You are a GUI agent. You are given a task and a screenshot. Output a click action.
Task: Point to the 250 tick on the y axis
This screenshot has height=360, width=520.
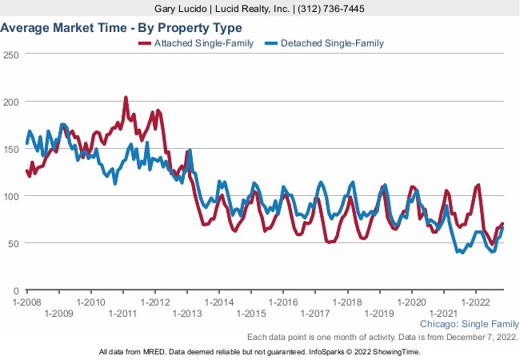pyautogui.click(x=10, y=55)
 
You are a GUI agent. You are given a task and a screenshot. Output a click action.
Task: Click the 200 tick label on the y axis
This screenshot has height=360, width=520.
pyautogui.click(x=10, y=102)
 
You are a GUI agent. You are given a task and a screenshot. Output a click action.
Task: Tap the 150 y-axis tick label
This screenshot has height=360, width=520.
pyautogui.click(x=10, y=150)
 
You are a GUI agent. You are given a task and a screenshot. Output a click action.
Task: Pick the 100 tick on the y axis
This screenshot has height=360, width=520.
pyautogui.click(x=10, y=197)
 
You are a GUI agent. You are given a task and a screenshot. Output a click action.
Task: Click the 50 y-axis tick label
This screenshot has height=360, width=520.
pyautogui.click(x=13, y=243)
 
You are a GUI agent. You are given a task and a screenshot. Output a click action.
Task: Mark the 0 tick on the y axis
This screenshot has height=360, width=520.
pyautogui.click(x=16, y=290)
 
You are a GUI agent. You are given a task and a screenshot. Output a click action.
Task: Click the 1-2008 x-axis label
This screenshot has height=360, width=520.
pyautogui.click(x=27, y=302)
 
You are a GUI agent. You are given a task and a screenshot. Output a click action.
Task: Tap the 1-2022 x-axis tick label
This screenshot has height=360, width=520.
pyautogui.click(x=476, y=302)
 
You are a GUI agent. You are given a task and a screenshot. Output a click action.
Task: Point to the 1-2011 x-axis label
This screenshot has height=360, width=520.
pyautogui.click(x=123, y=314)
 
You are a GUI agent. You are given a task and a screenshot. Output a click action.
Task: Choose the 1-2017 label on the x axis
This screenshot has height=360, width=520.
pyautogui.click(x=316, y=314)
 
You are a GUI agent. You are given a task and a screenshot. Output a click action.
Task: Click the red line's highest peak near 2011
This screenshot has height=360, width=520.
pyautogui.click(x=126, y=98)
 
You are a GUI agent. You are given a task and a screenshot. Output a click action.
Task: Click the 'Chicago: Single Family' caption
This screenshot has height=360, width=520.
pyautogui.click(x=469, y=325)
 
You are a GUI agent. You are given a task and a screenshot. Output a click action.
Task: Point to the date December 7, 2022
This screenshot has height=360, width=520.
pyautogui.click(x=479, y=338)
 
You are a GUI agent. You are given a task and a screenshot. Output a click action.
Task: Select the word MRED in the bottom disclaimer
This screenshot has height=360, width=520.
pyautogui.click(x=154, y=352)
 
